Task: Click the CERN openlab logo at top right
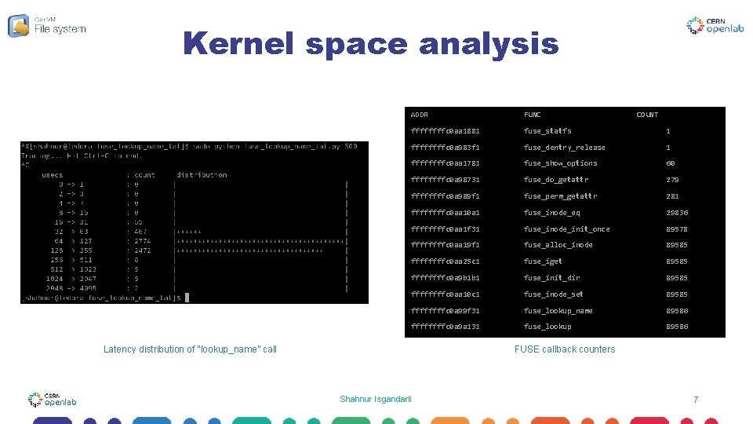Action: pyautogui.click(x=716, y=26)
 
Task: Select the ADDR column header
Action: pyautogui.click(x=419, y=115)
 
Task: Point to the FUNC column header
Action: pyautogui.click(x=533, y=115)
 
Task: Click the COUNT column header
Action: pyautogui.click(x=647, y=115)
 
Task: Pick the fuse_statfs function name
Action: pyautogui.click(x=547, y=131)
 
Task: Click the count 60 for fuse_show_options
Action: pyautogui.click(x=671, y=163)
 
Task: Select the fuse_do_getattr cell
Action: pyautogui.click(x=556, y=180)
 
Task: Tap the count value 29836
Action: pyautogui.click(x=677, y=213)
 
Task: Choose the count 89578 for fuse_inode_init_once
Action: pyautogui.click(x=677, y=229)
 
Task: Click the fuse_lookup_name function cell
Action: pyautogui.click(x=558, y=311)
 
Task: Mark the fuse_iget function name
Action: pyautogui.click(x=543, y=261)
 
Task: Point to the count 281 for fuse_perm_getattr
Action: pyautogui.click(x=672, y=196)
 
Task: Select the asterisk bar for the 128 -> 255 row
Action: pyautogui.click(x=249, y=251)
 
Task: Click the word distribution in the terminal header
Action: pyautogui.click(x=202, y=175)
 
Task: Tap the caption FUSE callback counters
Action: pyautogui.click(x=565, y=349)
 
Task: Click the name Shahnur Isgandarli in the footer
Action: pyautogui.click(x=376, y=400)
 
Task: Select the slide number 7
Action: pyautogui.click(x=696, y=400)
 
